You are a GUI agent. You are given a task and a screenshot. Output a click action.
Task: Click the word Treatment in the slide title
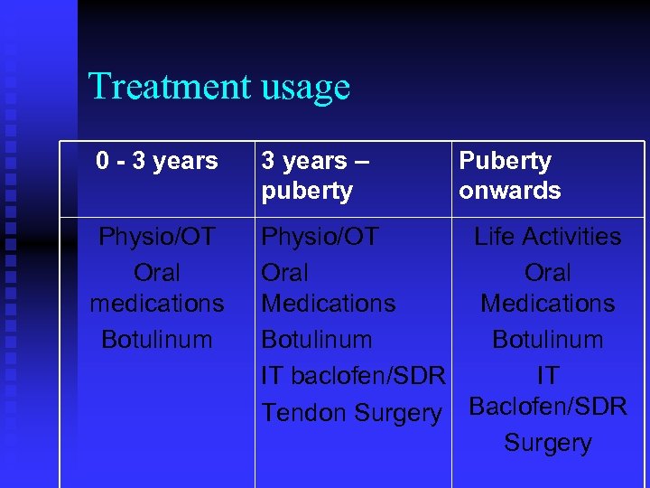tap(170, 87)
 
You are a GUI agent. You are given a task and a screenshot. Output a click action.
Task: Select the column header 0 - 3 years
tap(157, 161)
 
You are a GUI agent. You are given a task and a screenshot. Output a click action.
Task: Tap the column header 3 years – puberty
tap(316, 175)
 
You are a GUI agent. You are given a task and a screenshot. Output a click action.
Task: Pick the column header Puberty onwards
tap(509, 175)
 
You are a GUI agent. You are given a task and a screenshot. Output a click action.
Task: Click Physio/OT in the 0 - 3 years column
tap(157, 237)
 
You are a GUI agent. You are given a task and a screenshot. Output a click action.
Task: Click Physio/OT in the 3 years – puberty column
tap(320, 237)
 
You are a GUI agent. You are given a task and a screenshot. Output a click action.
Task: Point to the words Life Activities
tap(548, 237)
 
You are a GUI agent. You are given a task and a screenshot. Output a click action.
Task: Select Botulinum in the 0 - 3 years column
tap(157, 340)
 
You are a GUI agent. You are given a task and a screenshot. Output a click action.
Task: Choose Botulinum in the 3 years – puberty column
tap(316, 340)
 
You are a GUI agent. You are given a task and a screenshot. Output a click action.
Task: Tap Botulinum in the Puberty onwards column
tap(548, 340)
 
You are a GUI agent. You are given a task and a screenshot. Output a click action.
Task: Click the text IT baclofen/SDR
tap(353, 376)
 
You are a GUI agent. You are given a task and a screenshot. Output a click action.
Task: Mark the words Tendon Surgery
tap(351, 413)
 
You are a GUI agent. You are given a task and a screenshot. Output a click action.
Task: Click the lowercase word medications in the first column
tap(157, 304)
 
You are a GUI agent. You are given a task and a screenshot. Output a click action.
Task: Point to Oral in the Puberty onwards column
tap(548, 272)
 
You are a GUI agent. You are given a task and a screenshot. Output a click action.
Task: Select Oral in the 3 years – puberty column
tap(284, 272)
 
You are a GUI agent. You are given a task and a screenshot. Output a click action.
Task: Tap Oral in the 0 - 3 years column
tap(157, 272)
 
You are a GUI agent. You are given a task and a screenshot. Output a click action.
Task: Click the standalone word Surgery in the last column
tap(548, 443)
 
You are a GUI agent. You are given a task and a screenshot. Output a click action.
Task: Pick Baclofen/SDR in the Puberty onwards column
tap(548, 408)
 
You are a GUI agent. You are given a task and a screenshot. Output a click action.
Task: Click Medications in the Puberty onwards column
tap(548, 304)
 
